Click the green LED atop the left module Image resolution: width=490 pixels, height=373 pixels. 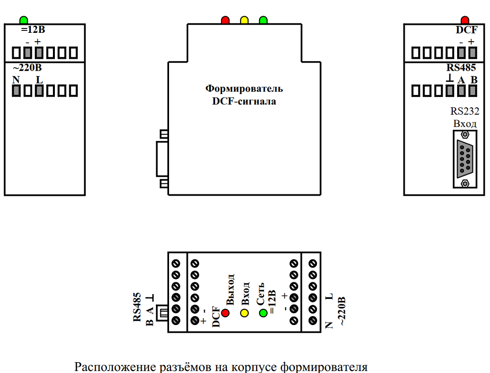click(x=24, y=21)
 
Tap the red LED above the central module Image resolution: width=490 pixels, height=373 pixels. click(x=225, y=21)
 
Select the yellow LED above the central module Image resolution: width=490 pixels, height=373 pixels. click(x=244, y=21)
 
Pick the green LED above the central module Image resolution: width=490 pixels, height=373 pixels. click(x=263, y=21)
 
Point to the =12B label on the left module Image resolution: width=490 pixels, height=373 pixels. click(x=33, y=30)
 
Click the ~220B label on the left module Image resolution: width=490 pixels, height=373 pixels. click(x=27, y=68)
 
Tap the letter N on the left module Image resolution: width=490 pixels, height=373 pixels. click(x=16, y=79)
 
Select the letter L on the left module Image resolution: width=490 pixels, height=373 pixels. click(x=39, y=79)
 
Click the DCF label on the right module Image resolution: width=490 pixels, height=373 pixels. click(x=466, y=30)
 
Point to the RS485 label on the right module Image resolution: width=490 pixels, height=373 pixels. click(x=462, y=68)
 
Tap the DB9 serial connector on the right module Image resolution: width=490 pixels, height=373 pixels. click(x=465, y=159)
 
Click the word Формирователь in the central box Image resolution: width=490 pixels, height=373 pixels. click(x=244, y=89)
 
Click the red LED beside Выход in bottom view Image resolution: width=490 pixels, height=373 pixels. click(x=226, y=312)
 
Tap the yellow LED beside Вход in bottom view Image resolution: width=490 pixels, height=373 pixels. click(x=244, y=312)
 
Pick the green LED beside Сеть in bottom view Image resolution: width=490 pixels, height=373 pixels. click(x=263, y=312)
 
